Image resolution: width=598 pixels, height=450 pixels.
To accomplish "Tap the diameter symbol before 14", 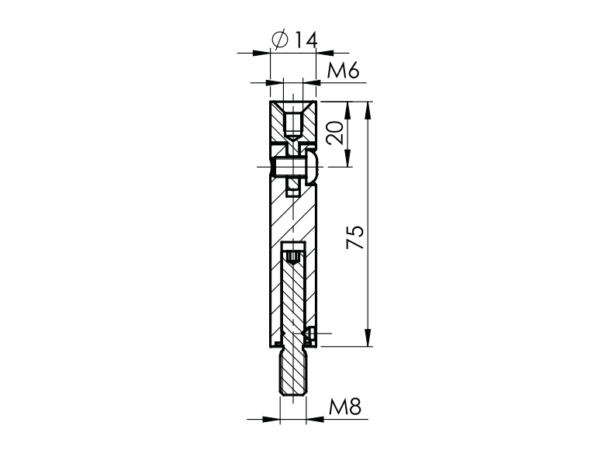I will click(x=282, y=39).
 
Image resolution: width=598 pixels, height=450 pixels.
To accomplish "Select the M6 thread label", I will click(x=342, y=71).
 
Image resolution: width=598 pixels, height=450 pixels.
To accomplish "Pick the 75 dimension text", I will click(x=354, y=237).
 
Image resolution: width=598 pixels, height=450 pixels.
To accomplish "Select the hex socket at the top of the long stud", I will click(x=292, y=254).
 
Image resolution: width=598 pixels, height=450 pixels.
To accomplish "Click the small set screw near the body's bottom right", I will click(x=309, y=334).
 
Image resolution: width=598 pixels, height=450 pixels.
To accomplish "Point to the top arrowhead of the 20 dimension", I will click(x=347, y=108).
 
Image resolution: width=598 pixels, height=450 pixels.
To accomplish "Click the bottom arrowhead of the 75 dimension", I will click(x=366, y=339).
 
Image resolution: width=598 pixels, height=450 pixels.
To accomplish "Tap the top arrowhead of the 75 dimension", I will click(x=366, y=108).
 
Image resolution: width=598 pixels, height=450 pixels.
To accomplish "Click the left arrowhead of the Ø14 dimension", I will click(x=264, y=53).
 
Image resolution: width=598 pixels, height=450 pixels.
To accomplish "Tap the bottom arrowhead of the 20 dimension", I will click(x=347, y=160).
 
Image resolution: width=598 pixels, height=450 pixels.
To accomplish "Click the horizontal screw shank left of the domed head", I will click(x=287, y=166).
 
